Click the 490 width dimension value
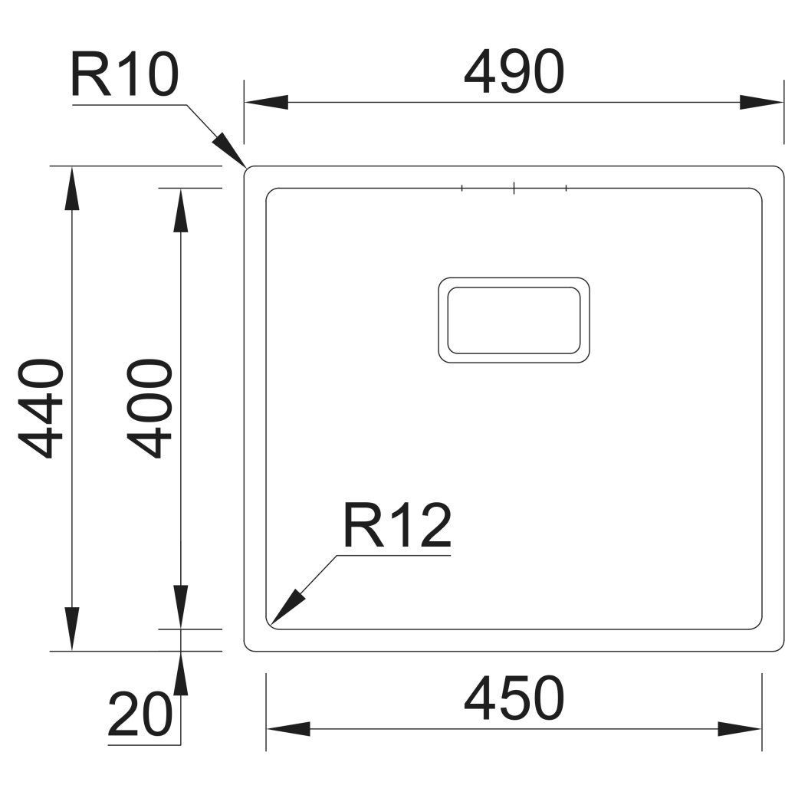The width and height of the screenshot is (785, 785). coord(514,73)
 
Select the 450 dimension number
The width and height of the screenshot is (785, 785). coord(514,698)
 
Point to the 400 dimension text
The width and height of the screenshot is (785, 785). coord(149,408)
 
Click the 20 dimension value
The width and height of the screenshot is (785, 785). coord(140,714)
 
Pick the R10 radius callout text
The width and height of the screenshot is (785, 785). coord(124,75)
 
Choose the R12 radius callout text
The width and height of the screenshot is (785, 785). coord(396,527)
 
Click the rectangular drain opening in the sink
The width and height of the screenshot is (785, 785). coord(514,320)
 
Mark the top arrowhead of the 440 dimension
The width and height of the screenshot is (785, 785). coord(71,188)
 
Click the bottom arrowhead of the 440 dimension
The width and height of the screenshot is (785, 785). coord(71,629)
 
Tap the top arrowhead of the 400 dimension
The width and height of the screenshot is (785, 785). coord(180,209)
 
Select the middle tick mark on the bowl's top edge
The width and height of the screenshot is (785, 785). coord(514,186)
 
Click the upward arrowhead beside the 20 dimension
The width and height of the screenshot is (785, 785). coord(180,674)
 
